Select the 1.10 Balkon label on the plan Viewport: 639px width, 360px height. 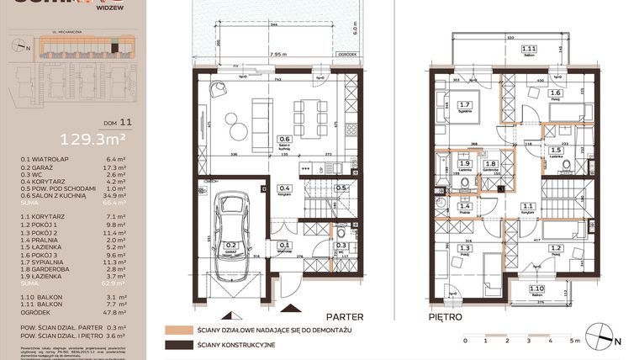click(x=536, y=289)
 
